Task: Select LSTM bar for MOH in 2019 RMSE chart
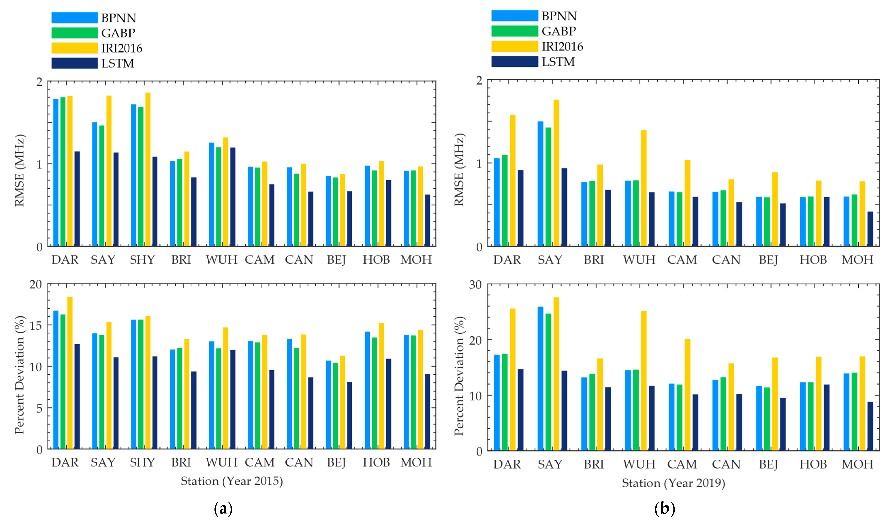coord(870,229)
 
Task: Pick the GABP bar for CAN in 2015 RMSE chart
coord(297,210)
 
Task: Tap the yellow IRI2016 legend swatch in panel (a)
coord(75,48)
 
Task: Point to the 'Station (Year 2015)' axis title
coord(231,481)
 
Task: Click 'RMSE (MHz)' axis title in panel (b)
coord(459,170)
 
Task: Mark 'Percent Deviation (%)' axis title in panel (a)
coord(19,375)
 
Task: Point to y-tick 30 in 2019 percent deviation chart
coord(475,285)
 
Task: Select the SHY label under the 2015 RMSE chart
coord(142,260)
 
